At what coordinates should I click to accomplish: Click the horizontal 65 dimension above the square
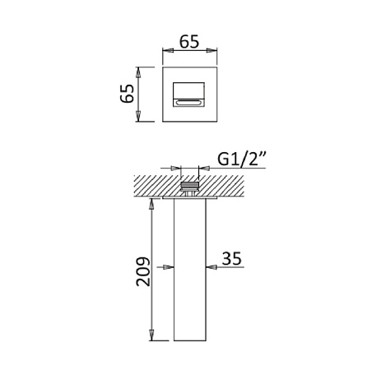[189, 42]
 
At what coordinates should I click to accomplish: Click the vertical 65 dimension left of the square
[128, 94]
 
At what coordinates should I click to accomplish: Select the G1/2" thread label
[241, 159]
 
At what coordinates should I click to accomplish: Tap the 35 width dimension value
[232, 258]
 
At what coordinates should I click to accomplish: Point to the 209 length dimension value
[143, 271]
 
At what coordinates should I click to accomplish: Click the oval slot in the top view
[188, 103]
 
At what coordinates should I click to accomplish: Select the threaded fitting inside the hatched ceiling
[190, 187]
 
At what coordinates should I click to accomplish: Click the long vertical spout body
[190, 270]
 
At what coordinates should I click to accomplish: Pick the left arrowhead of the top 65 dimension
[168, 50]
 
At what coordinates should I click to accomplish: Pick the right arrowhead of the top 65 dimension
[211, 50]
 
